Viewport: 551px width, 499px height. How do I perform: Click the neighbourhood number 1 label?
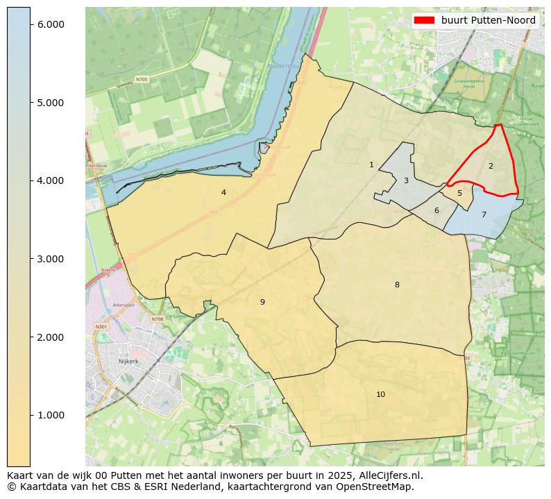371,165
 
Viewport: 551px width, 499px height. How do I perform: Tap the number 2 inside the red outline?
491,166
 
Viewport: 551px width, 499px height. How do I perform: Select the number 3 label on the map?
406,181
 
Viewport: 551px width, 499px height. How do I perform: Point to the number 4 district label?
223,192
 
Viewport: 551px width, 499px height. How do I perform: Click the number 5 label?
459,194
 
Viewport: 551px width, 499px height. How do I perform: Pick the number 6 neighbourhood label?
436,211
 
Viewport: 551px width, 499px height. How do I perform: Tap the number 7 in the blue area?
484,215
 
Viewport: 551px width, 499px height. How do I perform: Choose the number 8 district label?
397,285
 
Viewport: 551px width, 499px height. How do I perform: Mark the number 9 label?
262,302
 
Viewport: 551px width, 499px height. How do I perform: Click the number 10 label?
380,395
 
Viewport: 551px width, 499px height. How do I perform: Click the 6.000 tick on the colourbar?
50,24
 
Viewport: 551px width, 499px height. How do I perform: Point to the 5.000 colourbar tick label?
50,103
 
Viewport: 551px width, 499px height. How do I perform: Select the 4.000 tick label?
50,180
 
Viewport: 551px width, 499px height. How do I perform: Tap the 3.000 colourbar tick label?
50,259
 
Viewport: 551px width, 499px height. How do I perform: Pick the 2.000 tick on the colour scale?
50,337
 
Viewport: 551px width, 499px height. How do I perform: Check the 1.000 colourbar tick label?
50,415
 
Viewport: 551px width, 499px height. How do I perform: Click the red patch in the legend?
424,20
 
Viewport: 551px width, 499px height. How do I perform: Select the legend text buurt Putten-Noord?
489,20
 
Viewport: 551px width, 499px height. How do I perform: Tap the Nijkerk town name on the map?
128,362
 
